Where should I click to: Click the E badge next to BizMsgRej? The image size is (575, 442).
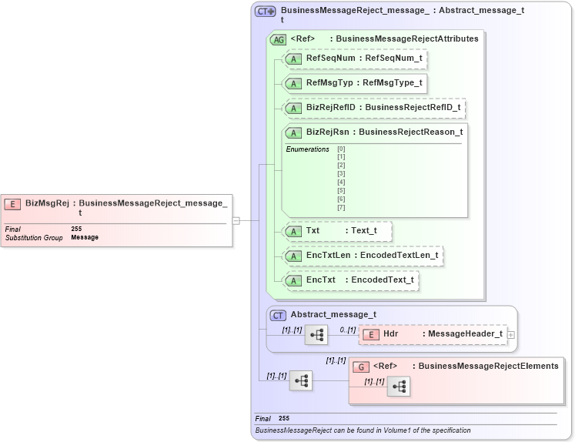pos(12,204)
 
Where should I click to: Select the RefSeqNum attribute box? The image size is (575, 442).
pos(355,58)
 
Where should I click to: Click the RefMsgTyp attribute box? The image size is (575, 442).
pos(355,83)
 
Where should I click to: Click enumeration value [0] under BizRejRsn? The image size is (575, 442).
pos(341,149)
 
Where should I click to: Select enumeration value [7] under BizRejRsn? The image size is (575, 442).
pos(341,207)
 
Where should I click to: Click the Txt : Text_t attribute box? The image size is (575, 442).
pos(338,231)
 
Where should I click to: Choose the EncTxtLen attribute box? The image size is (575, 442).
pos(363,256)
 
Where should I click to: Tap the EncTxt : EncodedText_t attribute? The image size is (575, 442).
pos(351,280)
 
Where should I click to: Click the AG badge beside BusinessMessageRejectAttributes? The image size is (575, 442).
pos(278,39)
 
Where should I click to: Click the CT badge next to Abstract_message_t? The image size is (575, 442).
pos(278,315)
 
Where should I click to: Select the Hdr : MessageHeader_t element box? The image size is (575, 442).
pos(434,334)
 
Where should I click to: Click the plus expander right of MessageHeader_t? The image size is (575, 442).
pos(511,335)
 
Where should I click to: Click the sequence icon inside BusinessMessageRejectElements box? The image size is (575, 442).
pos(398,387)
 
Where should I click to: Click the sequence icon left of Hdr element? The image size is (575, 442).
pos(316,335)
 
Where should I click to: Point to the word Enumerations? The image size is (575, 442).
pos(307,149)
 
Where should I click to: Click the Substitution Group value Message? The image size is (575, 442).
pos(85,238)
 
